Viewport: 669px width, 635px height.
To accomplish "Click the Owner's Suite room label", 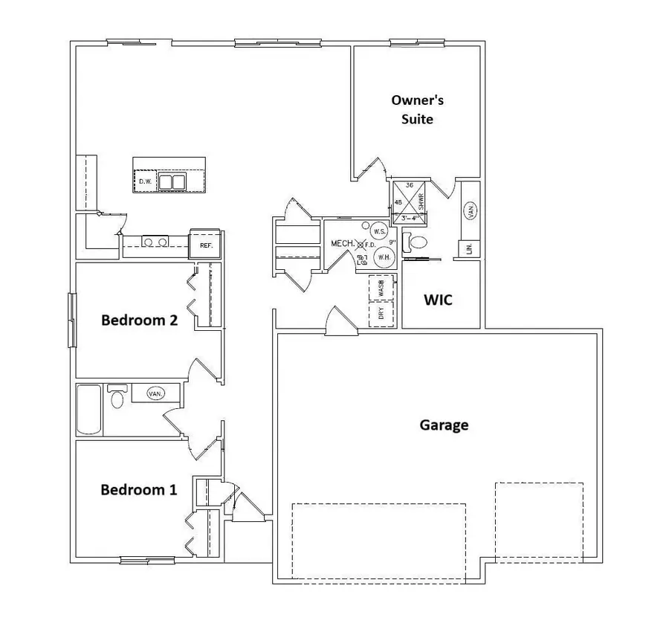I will click(417, 109).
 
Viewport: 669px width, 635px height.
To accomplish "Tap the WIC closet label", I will click(439, 300).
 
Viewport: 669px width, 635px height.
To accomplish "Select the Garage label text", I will click(444, 425).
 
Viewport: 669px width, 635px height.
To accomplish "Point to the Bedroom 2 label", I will click(139, 320).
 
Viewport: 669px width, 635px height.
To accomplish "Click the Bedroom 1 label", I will click(139, 490).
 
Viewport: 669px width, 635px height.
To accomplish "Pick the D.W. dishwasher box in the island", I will click(144, 181).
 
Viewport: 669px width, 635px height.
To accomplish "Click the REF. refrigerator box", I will click(205, 245).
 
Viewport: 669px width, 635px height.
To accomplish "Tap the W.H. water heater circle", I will click(384, 257).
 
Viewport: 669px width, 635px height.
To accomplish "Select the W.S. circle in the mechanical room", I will click(379, 231).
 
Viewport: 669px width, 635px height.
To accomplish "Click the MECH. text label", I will click(341, 243).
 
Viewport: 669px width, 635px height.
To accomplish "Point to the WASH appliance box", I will click(381, 286).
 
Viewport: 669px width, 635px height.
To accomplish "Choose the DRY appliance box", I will click(381, 314).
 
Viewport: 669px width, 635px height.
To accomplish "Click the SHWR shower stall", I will click(410, 202).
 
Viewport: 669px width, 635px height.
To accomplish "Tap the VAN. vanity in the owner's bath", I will click(471, 211).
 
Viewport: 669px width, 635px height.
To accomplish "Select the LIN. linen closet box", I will click(470, 250).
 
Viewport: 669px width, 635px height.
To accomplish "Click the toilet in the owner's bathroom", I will click(416, 242).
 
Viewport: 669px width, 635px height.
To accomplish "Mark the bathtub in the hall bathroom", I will click(89, 410).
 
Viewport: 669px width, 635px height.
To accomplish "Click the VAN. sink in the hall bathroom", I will click(155, 393).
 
